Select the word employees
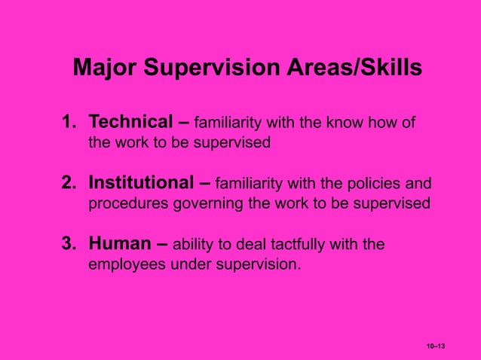[x=124, y=264]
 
